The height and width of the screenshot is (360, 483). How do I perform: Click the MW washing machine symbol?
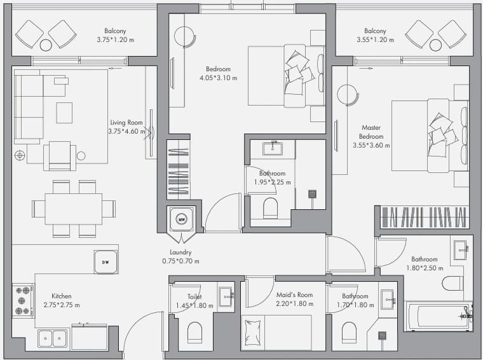tap(182, 219)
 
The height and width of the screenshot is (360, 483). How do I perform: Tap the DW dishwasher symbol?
tap(105, 262)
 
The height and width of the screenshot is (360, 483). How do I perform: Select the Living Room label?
tap(126, 122)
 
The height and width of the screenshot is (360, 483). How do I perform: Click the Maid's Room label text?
tap(294, 294)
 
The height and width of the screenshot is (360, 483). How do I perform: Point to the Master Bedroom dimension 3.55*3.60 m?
tap(371, 145)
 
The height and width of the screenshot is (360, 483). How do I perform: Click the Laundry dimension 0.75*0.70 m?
tap(180, 261)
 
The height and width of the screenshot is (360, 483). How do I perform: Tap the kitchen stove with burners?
tap(23, 300)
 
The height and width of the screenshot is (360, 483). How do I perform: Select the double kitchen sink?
tap(52, 338)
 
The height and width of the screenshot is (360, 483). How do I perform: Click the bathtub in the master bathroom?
tap(439, 316)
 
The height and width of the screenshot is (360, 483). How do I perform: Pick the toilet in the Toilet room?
tap(194, 333)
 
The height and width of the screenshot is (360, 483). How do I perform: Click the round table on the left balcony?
tap(46, 45)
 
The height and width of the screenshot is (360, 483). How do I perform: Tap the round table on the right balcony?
tap(435, 45)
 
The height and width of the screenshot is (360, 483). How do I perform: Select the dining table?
tap(74, 209)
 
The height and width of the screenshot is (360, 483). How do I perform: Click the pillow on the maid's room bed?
tap(252, 332)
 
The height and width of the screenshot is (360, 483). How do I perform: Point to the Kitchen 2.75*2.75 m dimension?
tap(62, 305)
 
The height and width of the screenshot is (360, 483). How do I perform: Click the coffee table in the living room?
tap(64, 113)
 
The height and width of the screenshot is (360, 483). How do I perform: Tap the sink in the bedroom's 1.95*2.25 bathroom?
tap(273, 148)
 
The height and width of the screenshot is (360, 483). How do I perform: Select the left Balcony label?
tap(115, 31)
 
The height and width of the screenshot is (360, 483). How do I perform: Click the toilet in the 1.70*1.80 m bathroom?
tap(349, 333)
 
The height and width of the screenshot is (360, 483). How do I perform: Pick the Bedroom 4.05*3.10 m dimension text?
tap(219, 78)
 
